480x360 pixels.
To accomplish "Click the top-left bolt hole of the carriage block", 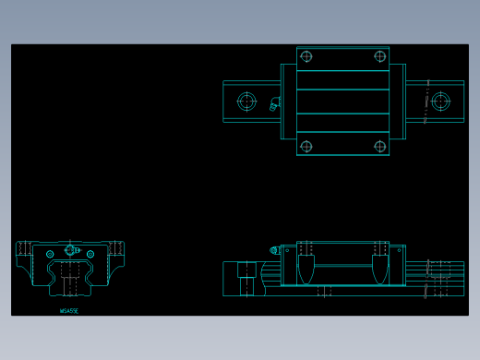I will tap(306, 56).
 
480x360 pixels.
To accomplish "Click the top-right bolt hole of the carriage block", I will tap(379, 56).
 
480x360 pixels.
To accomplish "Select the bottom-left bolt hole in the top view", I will tap(306, 146).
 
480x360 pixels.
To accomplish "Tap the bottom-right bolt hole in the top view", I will tap(379, 146).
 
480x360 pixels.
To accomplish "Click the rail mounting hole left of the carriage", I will tap(246, 101).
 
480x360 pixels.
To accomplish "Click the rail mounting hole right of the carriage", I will tap(440, 101).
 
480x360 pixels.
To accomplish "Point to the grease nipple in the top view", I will tap(274, 104).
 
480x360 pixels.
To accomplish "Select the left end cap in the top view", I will tap(288, 102).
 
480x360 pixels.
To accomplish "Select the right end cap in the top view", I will tap(397, 102).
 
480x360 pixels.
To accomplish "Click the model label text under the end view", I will tap(69, 311).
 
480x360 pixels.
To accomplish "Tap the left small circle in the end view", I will tap(50, 254).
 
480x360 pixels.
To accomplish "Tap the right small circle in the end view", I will tap(90, 254).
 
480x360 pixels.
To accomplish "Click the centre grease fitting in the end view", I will tap(70, 250).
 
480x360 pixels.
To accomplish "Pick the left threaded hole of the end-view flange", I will tap(24, 248).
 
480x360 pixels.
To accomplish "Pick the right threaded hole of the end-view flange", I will tap(116, 248).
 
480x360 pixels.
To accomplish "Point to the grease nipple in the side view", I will tap(274, 250).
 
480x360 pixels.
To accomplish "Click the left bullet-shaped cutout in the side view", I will tap(306, 269).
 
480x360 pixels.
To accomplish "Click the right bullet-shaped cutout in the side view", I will tap(379, 269).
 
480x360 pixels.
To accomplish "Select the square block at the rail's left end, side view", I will tap(247, 270).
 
